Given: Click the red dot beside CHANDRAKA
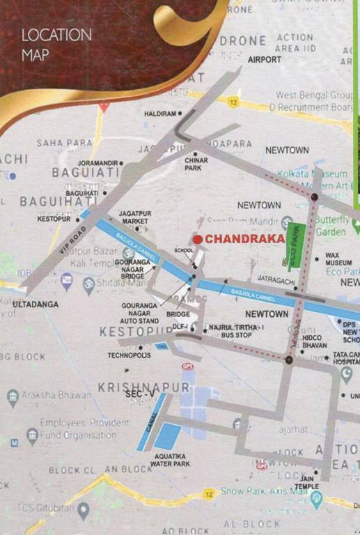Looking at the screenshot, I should [x=197, y=239].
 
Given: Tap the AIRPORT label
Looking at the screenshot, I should [x=265, y=60].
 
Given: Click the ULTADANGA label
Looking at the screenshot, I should [x=36, y=304].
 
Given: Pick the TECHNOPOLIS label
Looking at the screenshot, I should [x=129, y=355].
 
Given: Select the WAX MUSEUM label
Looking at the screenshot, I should [x=337, y=259].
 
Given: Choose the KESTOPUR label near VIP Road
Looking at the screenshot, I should [x=54, y=219].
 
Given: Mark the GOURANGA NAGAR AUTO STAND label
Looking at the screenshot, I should [x=141, y=313].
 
